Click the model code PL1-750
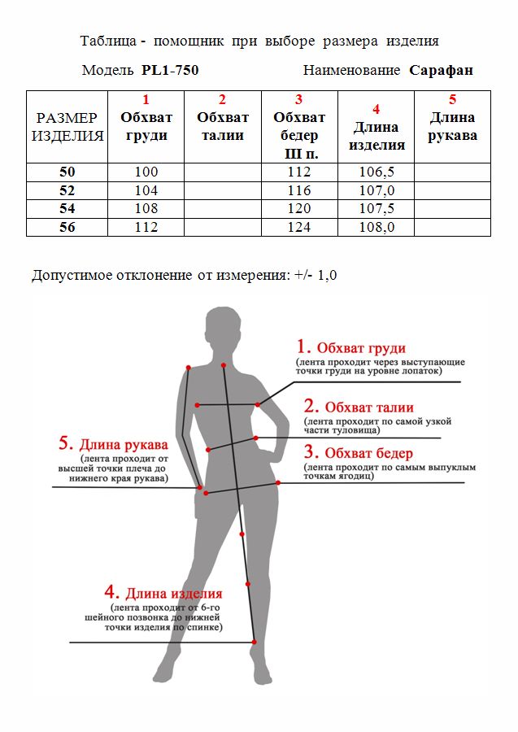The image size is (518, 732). tap(170, 70)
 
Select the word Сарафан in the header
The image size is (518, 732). tap(442, 70)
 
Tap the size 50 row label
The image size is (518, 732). tap(67, 172)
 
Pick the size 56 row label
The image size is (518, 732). tap(67, 227)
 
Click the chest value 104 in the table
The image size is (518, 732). tap(146, 190)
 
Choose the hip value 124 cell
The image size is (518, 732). tap(299, 227)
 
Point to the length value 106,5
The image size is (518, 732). tap(377, 172)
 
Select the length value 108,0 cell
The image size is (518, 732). tap(377, 227)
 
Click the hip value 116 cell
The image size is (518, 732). tap(299, 190)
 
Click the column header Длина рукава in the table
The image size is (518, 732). tap(452, 127)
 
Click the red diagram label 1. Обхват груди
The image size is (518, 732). tap(350, 347)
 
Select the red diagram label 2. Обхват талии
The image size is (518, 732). tap(359, 407)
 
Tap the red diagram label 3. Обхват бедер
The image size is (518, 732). tap(358, 453)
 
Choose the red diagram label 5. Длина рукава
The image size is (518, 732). tap(113, 444)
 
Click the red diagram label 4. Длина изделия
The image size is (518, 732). tap(163, 593)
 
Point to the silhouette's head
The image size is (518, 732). tap(224, 329)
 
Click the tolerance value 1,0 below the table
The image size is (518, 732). tap(327, 275)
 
